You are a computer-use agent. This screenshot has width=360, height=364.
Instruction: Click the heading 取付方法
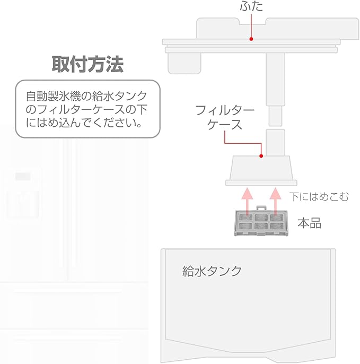(x=87, y=65)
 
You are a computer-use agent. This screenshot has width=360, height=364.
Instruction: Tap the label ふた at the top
(x=251, y=7)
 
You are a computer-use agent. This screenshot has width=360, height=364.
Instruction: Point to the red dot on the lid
(x=251, y=39)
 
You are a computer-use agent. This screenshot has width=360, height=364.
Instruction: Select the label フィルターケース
(x=225, y=118)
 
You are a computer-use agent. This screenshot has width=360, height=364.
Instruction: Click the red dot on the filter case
(x=261, y=156)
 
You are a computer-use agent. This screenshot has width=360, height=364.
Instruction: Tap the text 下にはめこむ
(x=319, y=197)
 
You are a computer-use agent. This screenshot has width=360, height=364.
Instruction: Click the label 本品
(x=309, y=223)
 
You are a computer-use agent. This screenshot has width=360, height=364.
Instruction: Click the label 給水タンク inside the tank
(x=212, y=271)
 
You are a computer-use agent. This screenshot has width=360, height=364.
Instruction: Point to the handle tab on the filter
(x=260, y=209)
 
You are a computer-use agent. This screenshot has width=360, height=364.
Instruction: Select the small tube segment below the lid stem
(x=275, y=113)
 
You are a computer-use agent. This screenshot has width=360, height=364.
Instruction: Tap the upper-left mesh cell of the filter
(x=245, y=218)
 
